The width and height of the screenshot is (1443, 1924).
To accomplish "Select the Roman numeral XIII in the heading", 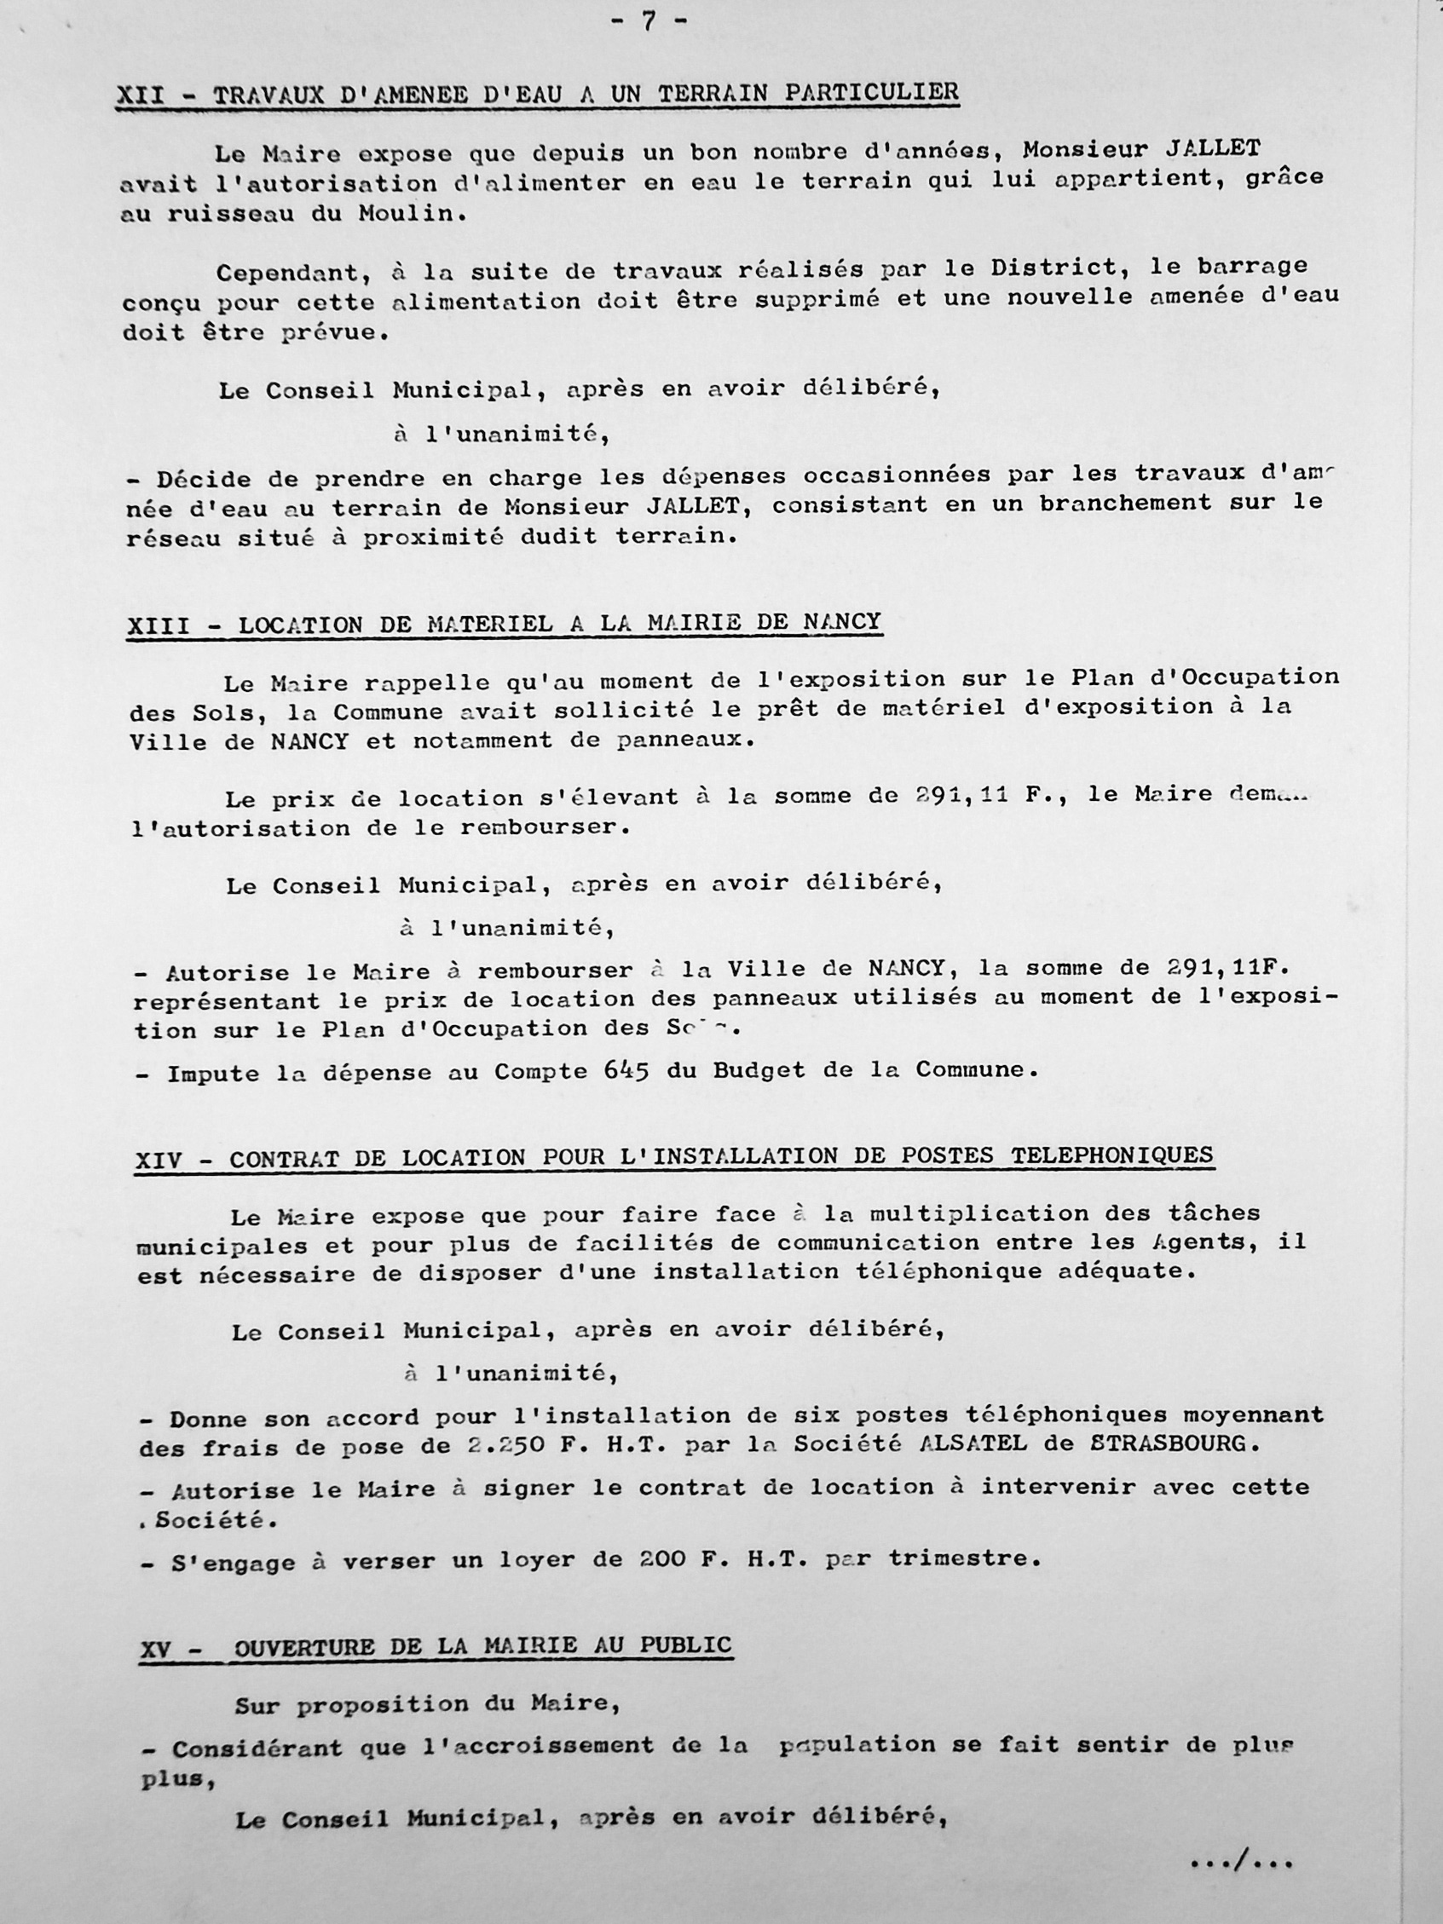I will tap(159, 626).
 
